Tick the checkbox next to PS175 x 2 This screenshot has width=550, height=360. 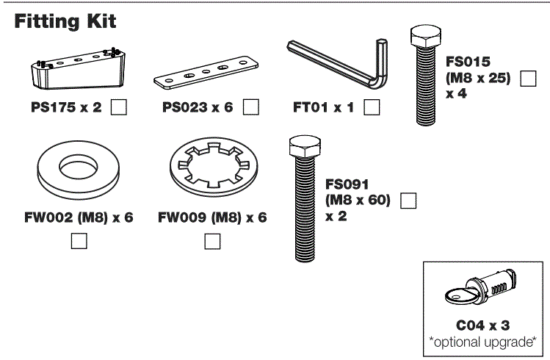[118, 108]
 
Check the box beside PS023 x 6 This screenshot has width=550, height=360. [252, 108]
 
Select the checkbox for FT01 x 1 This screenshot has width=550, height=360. [372, 108]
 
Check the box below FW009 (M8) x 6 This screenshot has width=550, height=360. [212, 240]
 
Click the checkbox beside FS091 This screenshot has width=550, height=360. [407, 201]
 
